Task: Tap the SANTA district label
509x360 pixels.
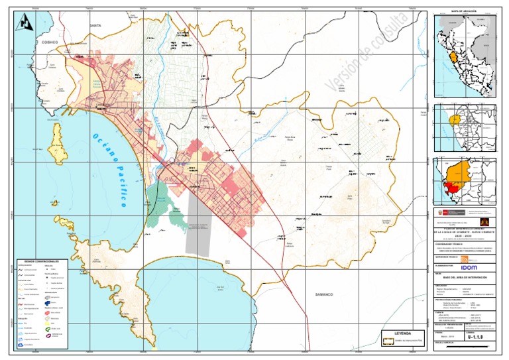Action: coord(95,25)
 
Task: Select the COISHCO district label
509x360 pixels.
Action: coord(50,41)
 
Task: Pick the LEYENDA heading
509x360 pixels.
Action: coord(403,333)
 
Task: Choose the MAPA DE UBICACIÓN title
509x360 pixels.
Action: coord(464,12)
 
